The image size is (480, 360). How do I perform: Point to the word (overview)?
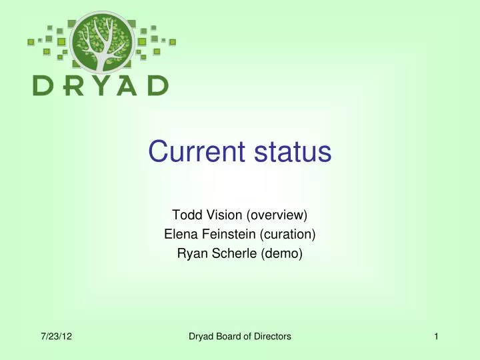[277, 215]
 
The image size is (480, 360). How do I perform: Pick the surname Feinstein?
[225, 234]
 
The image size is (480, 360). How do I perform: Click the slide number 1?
[436, 337]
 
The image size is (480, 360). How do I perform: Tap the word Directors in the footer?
[271, 337]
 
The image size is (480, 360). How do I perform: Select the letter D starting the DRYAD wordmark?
[43, 85]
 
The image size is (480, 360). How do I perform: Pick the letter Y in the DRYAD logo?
[98, 85]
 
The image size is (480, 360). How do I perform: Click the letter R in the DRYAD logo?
[70, 85]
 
